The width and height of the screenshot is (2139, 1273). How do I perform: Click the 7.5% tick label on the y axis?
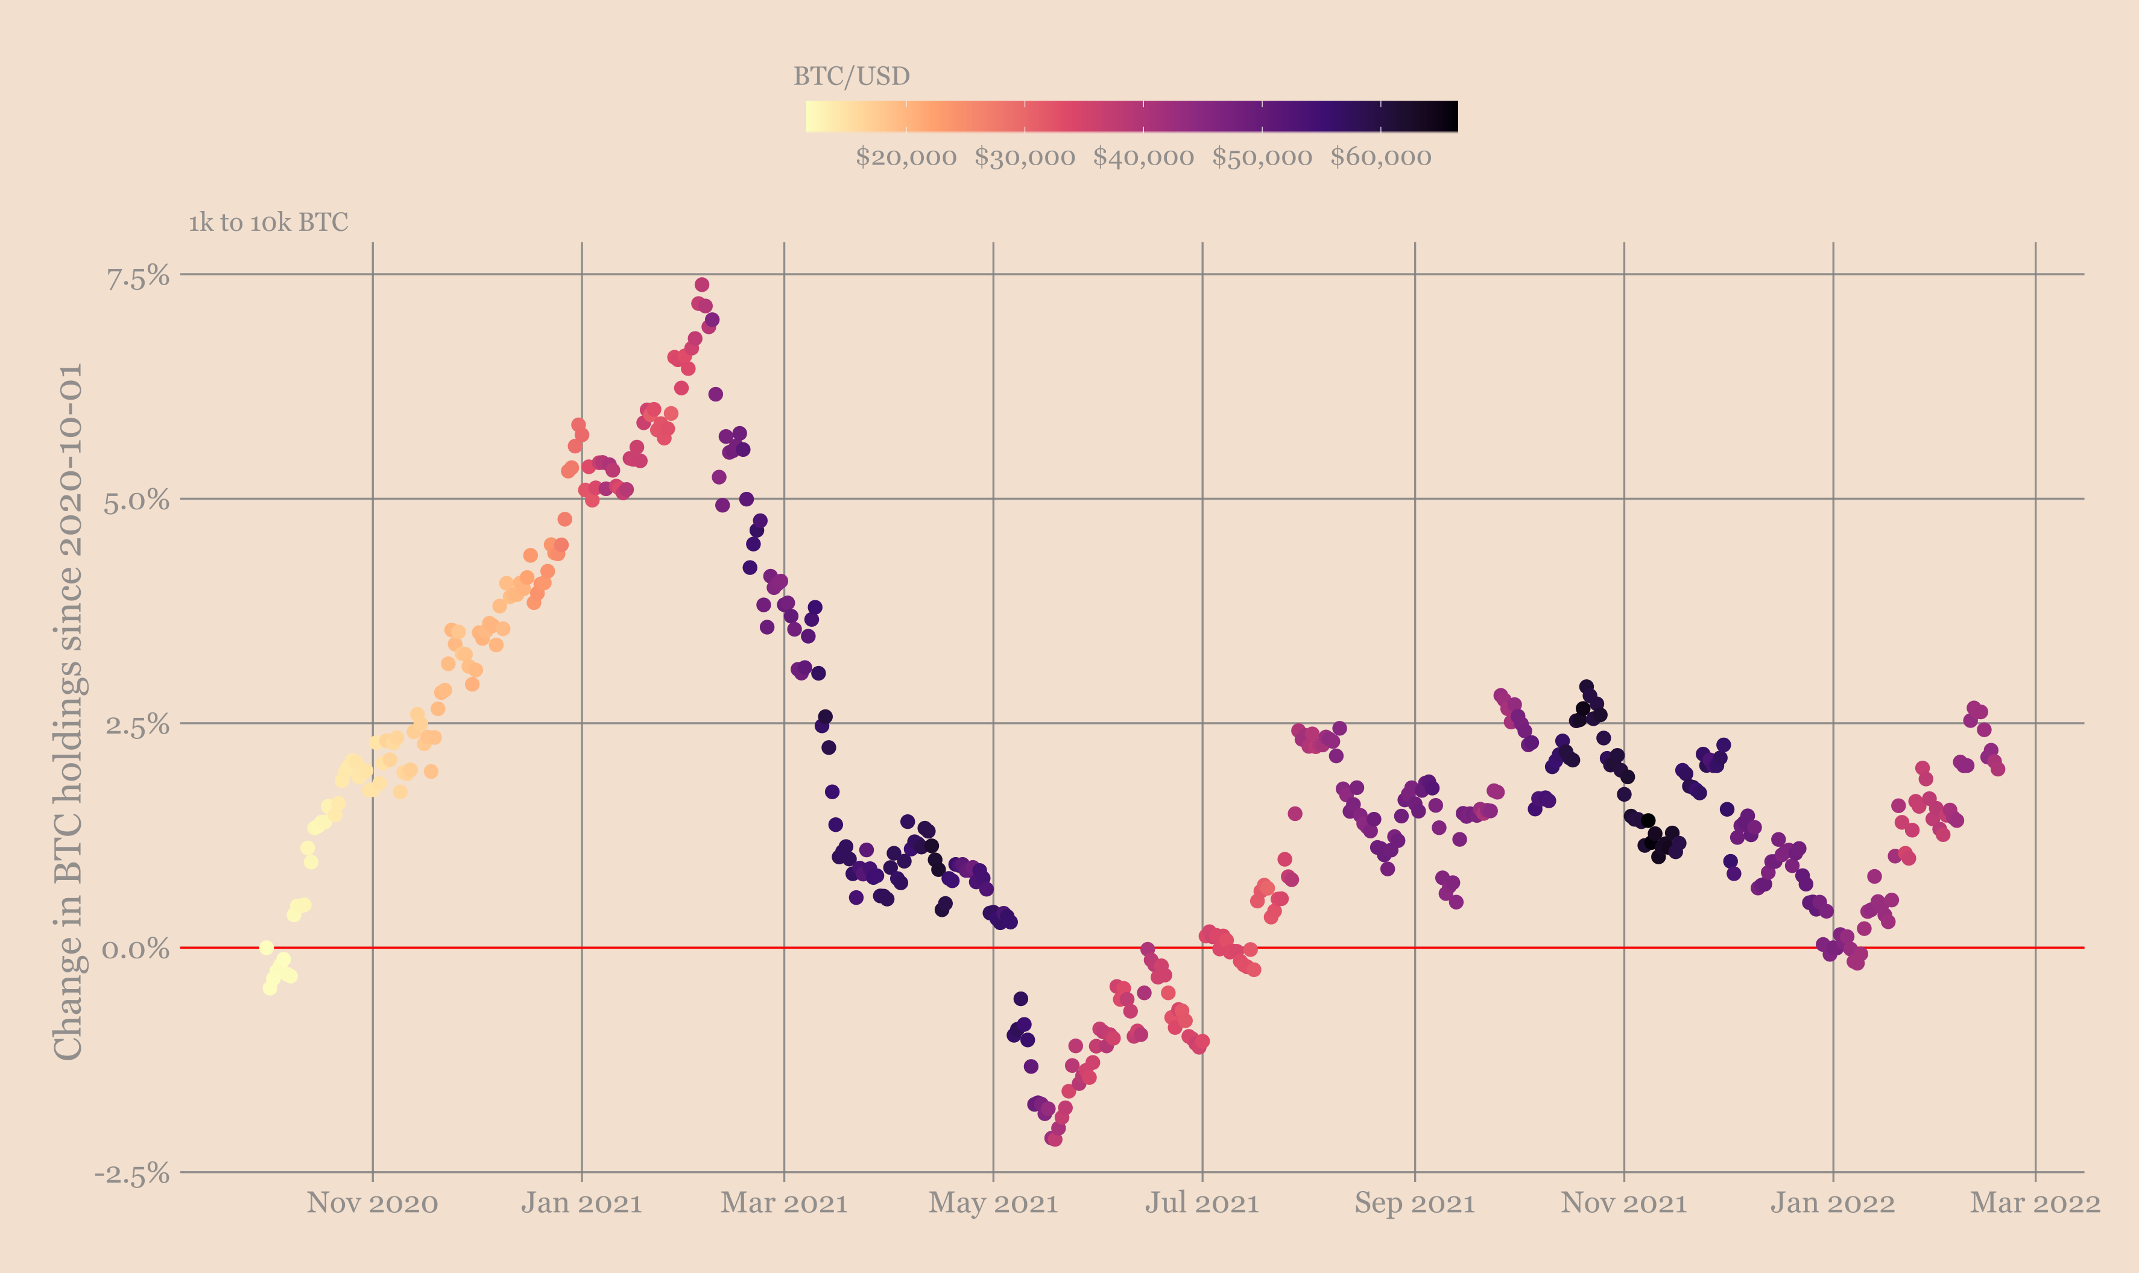point(137,277)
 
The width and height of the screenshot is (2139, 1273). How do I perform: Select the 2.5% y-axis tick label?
point(137,726)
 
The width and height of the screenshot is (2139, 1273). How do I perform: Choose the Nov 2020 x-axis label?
point(372,1202)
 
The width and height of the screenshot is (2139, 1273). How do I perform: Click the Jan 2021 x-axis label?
point(582,1202)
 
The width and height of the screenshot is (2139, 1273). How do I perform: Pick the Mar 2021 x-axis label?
point(783,1202)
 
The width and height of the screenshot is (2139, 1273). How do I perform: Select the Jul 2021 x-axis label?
point(1201,1202)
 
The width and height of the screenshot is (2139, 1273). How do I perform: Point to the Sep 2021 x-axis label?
point(1414,1202)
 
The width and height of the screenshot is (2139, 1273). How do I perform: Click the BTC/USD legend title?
point(851,77)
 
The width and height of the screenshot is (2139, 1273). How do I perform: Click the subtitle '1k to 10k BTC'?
point(268,223)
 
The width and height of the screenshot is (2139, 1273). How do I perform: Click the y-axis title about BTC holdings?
point(69,711)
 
